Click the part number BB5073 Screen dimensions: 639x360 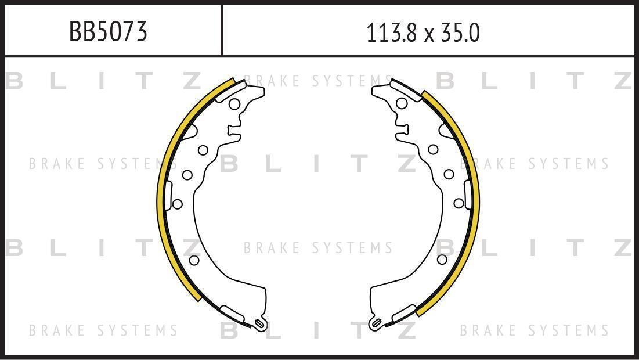[108, 32]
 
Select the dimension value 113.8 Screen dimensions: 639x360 [392, 33]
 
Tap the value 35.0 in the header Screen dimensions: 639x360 [458, 33]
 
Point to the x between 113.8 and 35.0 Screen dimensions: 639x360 [428, 35]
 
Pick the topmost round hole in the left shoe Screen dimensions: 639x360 [234, 104]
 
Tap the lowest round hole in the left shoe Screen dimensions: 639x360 [194, 260]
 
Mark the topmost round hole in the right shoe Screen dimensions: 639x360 [402, 103]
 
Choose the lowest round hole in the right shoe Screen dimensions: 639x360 [442, 260]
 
